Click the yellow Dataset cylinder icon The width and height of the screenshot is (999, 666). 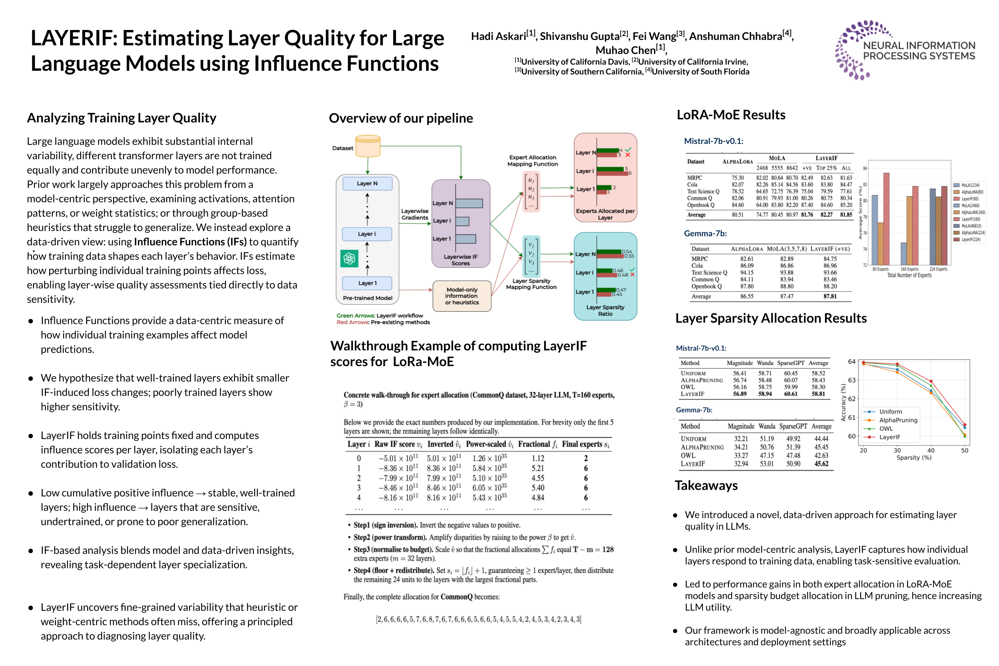pos(367,146)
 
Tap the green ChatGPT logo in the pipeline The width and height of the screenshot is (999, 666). pos(349,258)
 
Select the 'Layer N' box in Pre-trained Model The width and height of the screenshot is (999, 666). pos(367,183)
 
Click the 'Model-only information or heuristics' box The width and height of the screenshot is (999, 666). pos(462,296)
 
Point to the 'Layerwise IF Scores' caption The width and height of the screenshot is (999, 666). pos(460,260)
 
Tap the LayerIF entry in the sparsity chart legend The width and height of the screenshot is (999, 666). pos(889,437)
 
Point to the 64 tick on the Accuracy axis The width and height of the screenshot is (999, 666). pos(851,361)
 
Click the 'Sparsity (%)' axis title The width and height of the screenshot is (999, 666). pos(913,457)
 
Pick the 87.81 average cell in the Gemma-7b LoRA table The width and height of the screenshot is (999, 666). pos(830,296)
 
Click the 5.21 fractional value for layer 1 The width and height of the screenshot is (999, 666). pos(537,468)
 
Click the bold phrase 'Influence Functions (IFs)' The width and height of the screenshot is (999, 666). pos(190,242)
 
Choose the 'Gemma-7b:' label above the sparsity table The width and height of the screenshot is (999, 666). pos(694,410)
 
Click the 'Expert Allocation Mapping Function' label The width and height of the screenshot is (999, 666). pos(532,161)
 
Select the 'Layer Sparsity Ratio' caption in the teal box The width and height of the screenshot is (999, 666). pos(605,311)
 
